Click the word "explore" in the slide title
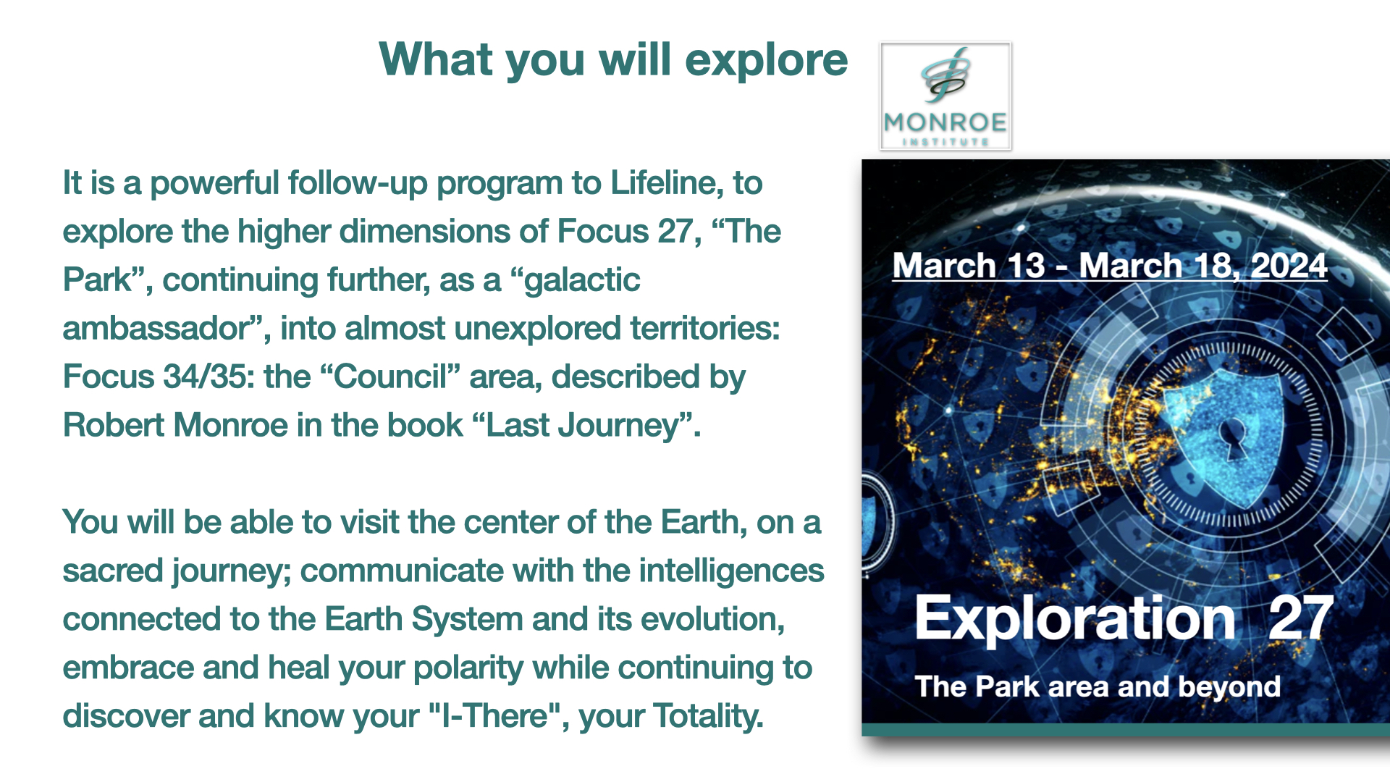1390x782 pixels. (x=766, y=61)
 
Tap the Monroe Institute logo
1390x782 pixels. (x=945, y=96)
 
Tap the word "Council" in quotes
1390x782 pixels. (x=391, y=377)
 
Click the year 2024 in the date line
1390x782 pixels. (x=1289, y=266)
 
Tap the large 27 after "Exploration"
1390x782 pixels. (x=1300, y=618)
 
